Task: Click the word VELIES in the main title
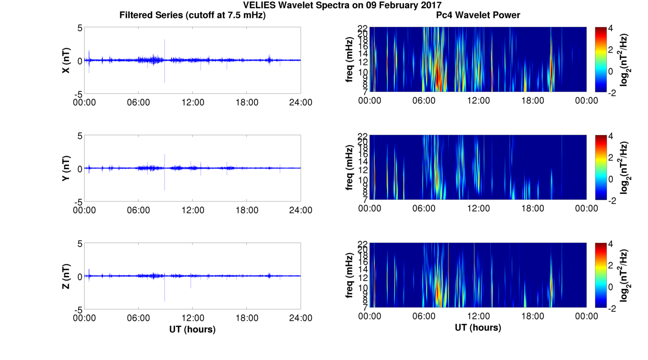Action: click(259, 5)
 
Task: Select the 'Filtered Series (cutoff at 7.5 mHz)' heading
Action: click(192, 15)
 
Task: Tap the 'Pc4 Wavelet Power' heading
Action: click(478, 15)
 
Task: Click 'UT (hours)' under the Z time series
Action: click(192, 329)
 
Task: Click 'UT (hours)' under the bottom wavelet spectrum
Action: click(478, 327)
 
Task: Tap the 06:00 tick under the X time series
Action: click(138, 102)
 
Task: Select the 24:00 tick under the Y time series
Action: click(301, 210)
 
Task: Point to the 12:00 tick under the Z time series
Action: click(193, 318)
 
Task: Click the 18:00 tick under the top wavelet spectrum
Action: click(532, 101)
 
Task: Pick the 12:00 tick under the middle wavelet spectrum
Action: click(478, 208)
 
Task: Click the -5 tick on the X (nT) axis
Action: click(78, 94)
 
